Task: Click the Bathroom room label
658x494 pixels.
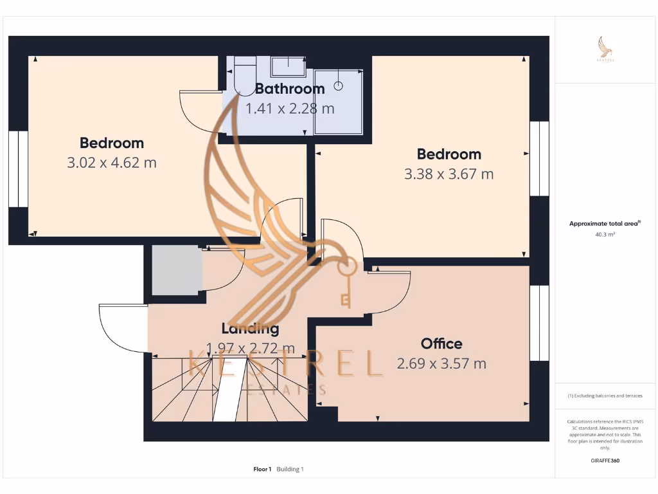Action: pos(290,89)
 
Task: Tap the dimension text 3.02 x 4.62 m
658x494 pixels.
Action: pos(112,163)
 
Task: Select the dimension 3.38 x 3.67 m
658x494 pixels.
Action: pos(449,174)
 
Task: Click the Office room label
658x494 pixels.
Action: pos(441,343)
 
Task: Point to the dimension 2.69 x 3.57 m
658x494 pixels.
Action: pos(441,363)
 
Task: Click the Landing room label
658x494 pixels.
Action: pos(250,329)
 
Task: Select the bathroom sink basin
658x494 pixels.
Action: pos(287,66)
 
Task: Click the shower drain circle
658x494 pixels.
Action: pos(339,86)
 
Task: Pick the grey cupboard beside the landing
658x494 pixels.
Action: pos(177,270)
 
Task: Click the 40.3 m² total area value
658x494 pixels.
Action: pos(605,235)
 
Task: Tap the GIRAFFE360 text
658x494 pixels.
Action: pos(605,461)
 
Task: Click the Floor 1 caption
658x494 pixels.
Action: pos(262,470)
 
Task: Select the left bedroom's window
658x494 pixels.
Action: pos(19,169)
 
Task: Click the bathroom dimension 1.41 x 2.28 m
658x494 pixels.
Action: pos(290,108)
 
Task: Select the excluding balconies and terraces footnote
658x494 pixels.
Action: pos(605,396)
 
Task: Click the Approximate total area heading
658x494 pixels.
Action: pos(605,224)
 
